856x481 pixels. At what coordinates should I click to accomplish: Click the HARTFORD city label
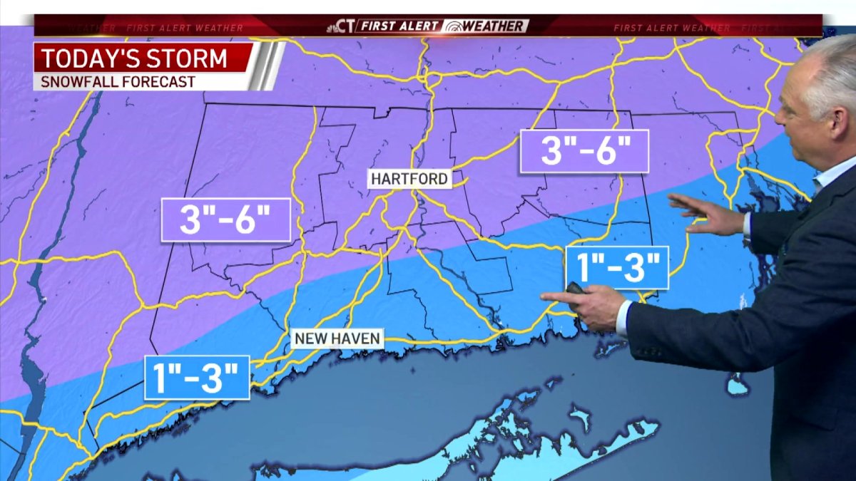coord(409,178)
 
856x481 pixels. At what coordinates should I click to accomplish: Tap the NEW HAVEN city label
coord(337,338)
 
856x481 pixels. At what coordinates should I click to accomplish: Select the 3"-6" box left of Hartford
coord(225,220)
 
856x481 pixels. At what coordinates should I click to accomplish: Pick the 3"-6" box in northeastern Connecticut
coord(584,151)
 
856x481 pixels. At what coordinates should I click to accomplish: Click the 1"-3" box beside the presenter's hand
coord(617,268)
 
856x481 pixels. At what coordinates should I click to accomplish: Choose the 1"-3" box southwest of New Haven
coord(197,378)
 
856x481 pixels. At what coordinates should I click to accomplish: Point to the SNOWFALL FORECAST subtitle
coord(118,81)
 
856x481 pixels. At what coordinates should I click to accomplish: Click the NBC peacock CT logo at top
coord(341,26)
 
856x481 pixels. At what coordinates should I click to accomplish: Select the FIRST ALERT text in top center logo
coord(399,26)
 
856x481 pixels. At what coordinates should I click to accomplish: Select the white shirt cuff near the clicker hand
coord(623,319)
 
